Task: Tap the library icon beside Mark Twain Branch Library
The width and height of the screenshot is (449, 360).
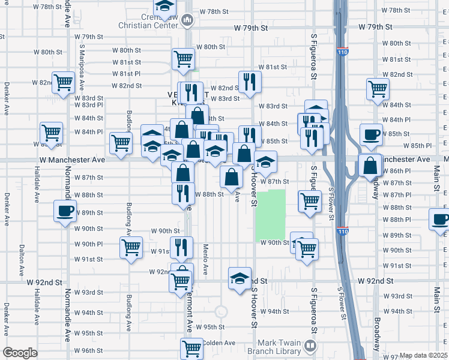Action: tap(310, 346)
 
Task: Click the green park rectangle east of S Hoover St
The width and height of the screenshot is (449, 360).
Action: tap(271, 215)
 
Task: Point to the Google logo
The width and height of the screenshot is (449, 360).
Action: tap(20, 353)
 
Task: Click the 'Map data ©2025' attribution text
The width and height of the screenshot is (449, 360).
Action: tap(424, 355)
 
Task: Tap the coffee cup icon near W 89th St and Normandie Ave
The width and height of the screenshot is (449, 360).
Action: tap(65, 211)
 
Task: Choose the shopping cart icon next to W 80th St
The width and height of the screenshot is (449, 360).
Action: tap(183, 58)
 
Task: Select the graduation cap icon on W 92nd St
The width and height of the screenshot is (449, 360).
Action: tap(239, 278)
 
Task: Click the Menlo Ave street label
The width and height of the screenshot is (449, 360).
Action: tap(205, 259)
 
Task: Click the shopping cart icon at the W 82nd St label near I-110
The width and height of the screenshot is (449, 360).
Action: tap(377, 89)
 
